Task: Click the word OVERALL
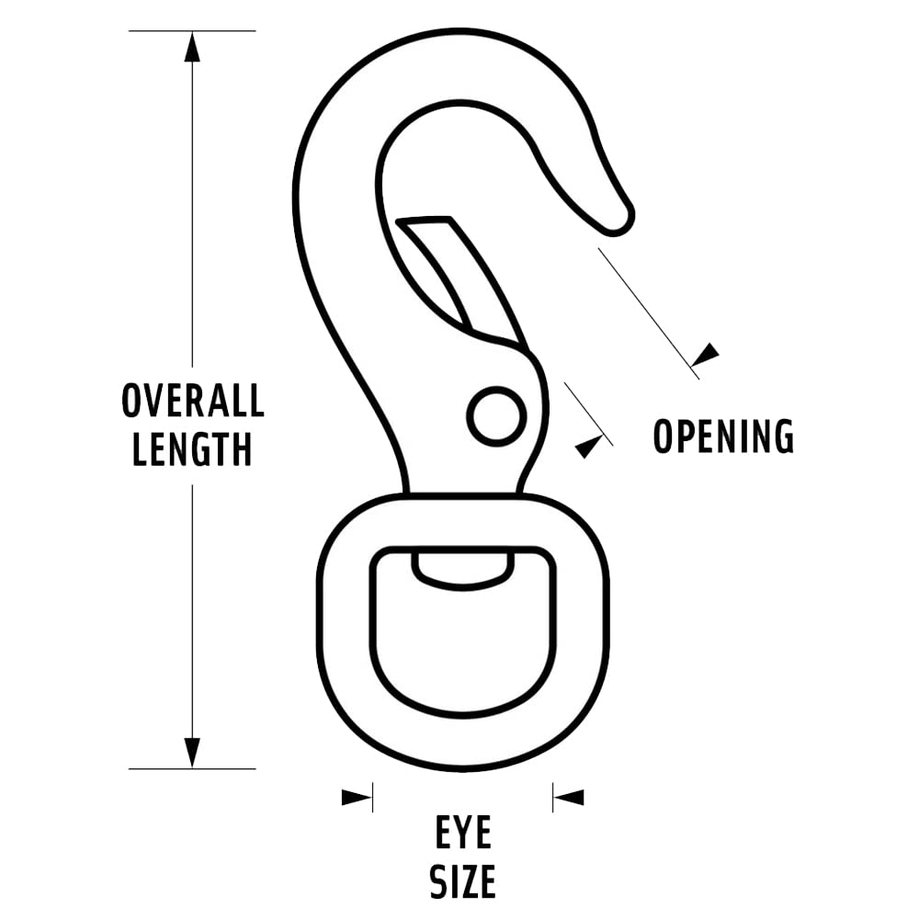pos(193,401)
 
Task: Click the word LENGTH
pos(193,449)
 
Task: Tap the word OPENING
pos(723,436)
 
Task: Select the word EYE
pos(463,834)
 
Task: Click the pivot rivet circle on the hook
pos(496,416)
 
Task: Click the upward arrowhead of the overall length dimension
pos(192,47)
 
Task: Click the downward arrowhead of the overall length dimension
pos(192,752)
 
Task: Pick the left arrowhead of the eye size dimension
pos(357,797)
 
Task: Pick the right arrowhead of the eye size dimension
pos(568,797)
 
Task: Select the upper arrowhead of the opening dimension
pos(706,354)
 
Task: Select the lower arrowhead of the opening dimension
pos(589,446)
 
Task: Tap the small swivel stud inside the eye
pos(463,567)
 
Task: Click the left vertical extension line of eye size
pos(372,797)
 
